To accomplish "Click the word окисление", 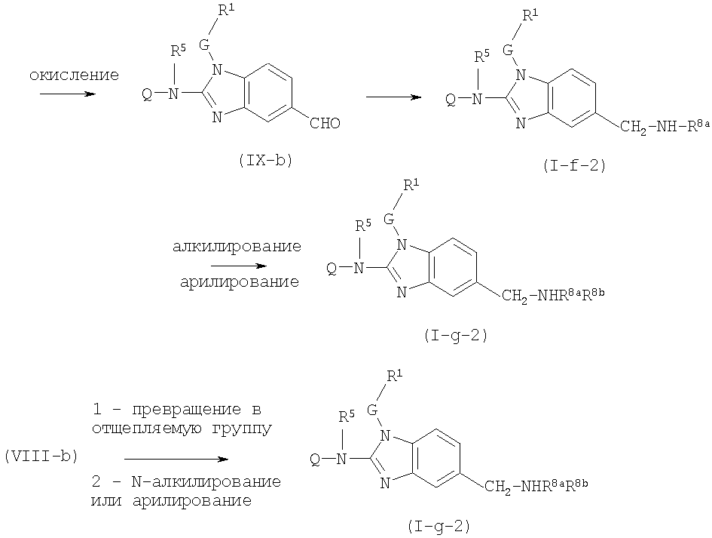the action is [x=74, y=75].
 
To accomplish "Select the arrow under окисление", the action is [x=68, y=94].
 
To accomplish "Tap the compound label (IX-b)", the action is [x=265, y=161].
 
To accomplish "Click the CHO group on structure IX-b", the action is [x=325, y=123].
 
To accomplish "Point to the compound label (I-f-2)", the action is [x=574, y=166].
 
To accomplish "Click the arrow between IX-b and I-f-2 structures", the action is [x=394, y=97].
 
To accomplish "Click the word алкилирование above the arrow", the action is [x=237, y=247].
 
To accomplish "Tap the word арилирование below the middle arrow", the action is [x=240, y=282].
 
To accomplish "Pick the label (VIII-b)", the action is [x=41, y=456].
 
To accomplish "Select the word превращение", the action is [x=187, y=409].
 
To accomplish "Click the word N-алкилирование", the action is [x=206, y=481].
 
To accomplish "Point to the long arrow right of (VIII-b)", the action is [x=176, y=460].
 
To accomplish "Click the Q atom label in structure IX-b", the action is [x=147, y=94].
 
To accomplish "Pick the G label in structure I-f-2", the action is [x=508, y=50].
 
